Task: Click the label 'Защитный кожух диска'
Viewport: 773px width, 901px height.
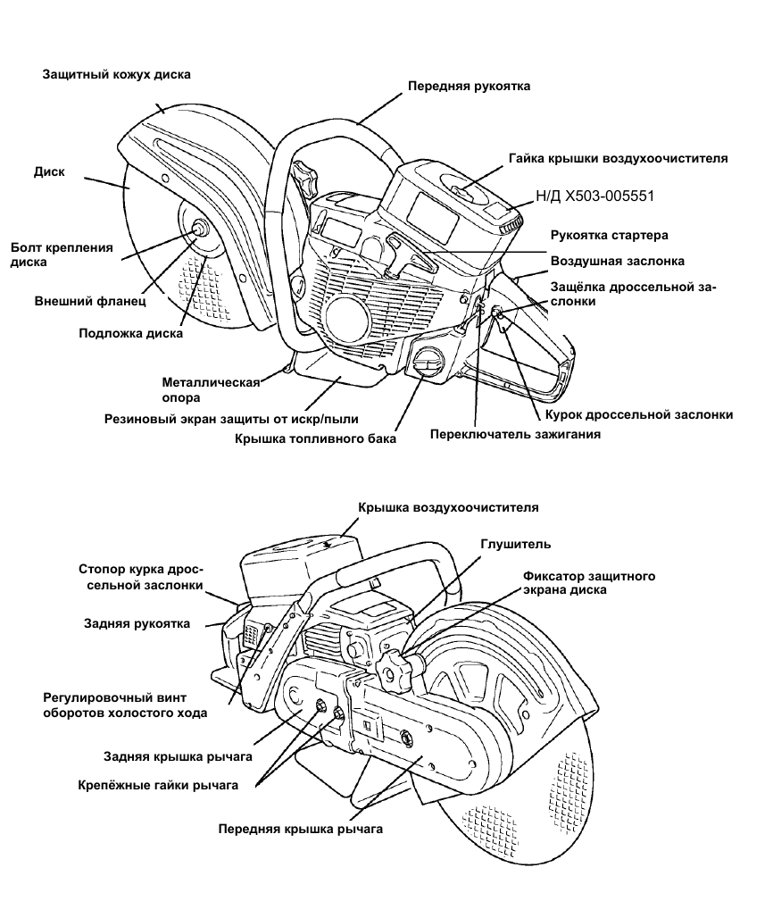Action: tap(117, 74)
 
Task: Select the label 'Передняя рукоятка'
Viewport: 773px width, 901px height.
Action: tap(469, 87)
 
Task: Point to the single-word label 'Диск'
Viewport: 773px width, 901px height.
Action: tap(50, 171)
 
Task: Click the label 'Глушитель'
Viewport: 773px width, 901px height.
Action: tap(516, 544)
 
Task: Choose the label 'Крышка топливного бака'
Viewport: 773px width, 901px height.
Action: tap(315, 438)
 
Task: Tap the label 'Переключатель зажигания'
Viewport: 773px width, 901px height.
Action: tap(515, 434)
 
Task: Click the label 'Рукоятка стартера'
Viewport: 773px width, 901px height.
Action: tap(609, 235)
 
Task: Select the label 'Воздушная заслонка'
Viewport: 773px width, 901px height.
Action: tap(617, 261)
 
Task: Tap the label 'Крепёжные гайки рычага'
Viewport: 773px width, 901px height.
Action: tap(159, 785)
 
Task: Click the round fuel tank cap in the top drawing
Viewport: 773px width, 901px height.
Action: tap(427, 363)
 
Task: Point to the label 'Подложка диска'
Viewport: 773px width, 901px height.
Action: tap(130, 333)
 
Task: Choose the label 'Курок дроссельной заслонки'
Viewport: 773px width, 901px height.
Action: tap(638, 414)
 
